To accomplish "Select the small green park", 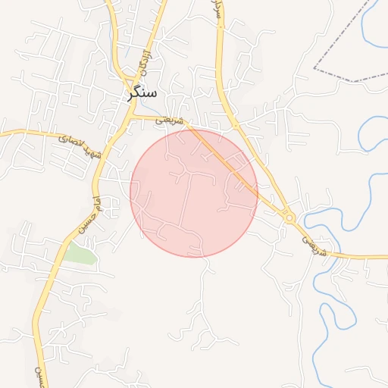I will click(80, 255).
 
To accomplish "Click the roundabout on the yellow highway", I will click(289, 217).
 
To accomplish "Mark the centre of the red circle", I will click(194, 192).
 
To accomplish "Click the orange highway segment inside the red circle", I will click(227, 163).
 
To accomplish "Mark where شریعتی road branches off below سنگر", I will click(130, 118).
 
